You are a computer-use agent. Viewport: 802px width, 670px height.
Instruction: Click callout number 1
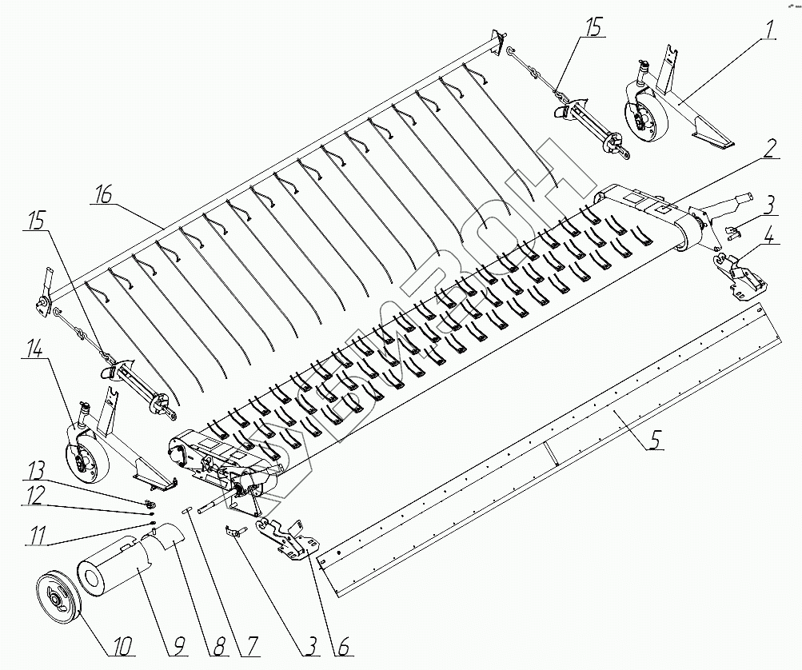coord(768,30)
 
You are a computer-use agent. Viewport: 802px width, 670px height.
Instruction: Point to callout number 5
coord(654,438)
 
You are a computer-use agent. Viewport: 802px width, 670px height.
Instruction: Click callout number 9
coord(175,644)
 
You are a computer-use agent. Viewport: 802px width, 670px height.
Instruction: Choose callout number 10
coord(125,644)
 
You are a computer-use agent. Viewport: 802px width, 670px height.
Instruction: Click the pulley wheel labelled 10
coord(58,596)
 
